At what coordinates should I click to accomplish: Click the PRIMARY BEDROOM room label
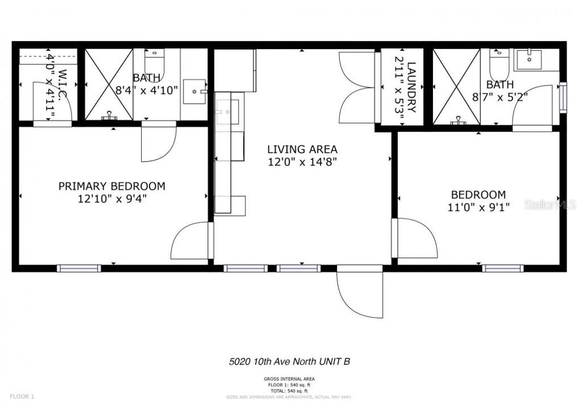pos(112,186)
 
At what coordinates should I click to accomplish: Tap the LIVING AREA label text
pos(302,149)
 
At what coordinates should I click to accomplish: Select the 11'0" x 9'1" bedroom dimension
pos(479,207)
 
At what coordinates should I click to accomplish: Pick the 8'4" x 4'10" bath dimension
pos(147,90)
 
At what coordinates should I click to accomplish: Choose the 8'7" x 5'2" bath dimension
pos(500,96)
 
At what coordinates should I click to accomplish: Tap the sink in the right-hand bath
pos(529,57)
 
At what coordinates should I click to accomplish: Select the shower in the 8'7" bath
pos(457,86)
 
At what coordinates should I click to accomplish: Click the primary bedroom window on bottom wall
pos(79,268)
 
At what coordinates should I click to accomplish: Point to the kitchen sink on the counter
pos(229,111)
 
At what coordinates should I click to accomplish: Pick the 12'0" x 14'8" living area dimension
pos(302,162)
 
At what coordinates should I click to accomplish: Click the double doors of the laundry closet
pos(356,87)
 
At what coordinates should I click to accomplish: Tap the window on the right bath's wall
pos(562,97)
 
